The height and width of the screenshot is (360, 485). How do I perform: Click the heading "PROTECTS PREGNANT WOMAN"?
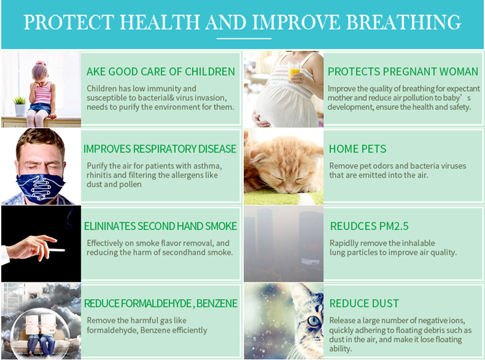[x=403, y=72]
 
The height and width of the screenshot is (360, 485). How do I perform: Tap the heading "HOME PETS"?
[x=358, y=149]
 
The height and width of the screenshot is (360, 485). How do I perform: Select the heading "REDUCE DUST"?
[x=364, y=303]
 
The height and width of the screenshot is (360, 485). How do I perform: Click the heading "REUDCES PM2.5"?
[x=369, y=226]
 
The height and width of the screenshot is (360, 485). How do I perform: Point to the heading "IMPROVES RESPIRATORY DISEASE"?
[x=160, y=149]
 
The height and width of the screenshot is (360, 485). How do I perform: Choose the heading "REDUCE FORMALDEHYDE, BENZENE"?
[x=161, y=303]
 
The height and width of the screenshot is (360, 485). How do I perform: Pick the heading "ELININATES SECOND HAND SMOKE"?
[x=160, y=226]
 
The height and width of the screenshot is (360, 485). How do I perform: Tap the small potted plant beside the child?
[x=19, y=106]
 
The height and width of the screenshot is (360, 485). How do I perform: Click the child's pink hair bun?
[x=41, y=65]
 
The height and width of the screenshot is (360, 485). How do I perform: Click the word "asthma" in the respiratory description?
[x=208, y=166]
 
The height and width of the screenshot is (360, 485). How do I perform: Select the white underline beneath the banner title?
[x=242, y=39]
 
